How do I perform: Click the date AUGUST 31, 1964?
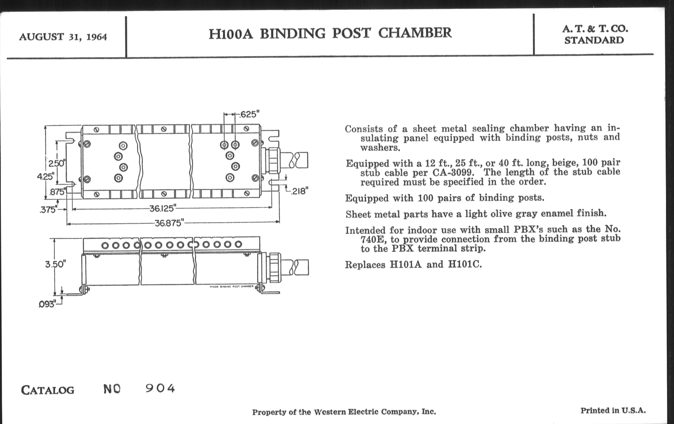point(63,37)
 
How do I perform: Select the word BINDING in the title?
point(292,33)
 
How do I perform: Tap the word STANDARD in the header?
point(594,40)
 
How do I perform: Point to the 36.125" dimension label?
point(163,208)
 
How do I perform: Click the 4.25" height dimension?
point(45,177)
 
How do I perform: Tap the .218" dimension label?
point(299,191)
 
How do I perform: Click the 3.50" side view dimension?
point(55,264)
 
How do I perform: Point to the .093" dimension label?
point(47,304)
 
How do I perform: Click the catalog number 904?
point(160,389)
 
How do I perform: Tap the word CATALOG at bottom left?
point(48,390)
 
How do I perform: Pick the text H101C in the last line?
point(465,264)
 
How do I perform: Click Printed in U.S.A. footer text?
point(613,411)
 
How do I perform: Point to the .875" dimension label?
point(57,192)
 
